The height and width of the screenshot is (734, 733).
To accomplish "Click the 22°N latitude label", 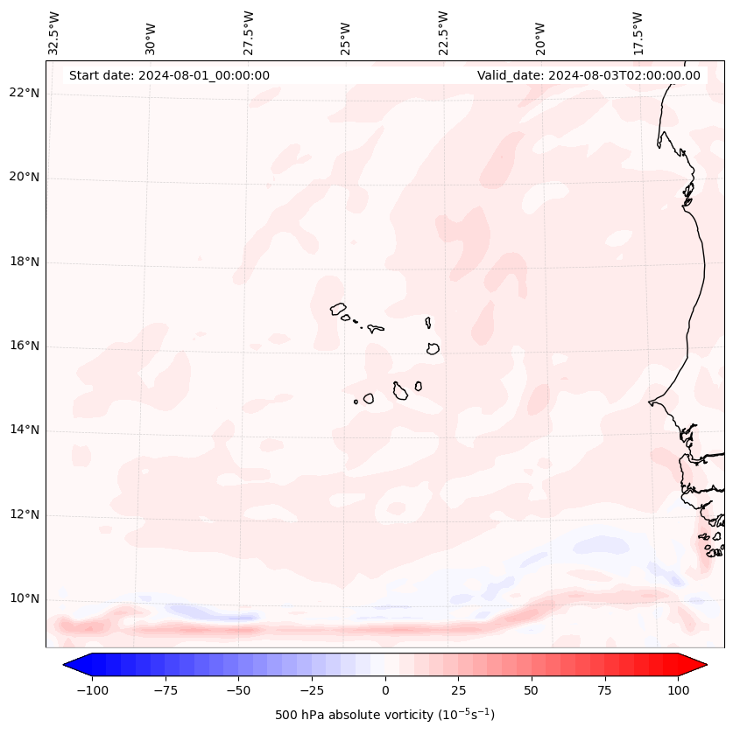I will coord(25,93).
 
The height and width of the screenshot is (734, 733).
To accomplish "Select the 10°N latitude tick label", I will coord(25,599).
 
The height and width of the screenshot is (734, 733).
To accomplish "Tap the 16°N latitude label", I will coord(25,346).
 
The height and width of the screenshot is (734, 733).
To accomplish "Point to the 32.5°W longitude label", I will coord(55,33).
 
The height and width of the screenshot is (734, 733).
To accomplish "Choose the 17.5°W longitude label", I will coord(638,33).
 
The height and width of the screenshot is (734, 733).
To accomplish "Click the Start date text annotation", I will coord(169,75).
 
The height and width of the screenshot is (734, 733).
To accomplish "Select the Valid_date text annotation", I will coord(589,75).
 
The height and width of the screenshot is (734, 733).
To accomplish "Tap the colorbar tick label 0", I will coord(385,690).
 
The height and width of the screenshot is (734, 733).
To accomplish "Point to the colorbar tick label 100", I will coord(678,690).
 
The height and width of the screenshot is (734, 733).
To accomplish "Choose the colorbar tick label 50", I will coord(532,690).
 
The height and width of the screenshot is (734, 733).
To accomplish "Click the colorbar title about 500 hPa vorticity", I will coord(384,715).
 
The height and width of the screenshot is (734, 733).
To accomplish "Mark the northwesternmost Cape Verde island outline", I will coord(338,308).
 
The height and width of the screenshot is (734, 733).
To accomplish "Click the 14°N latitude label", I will coord(25,430).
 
